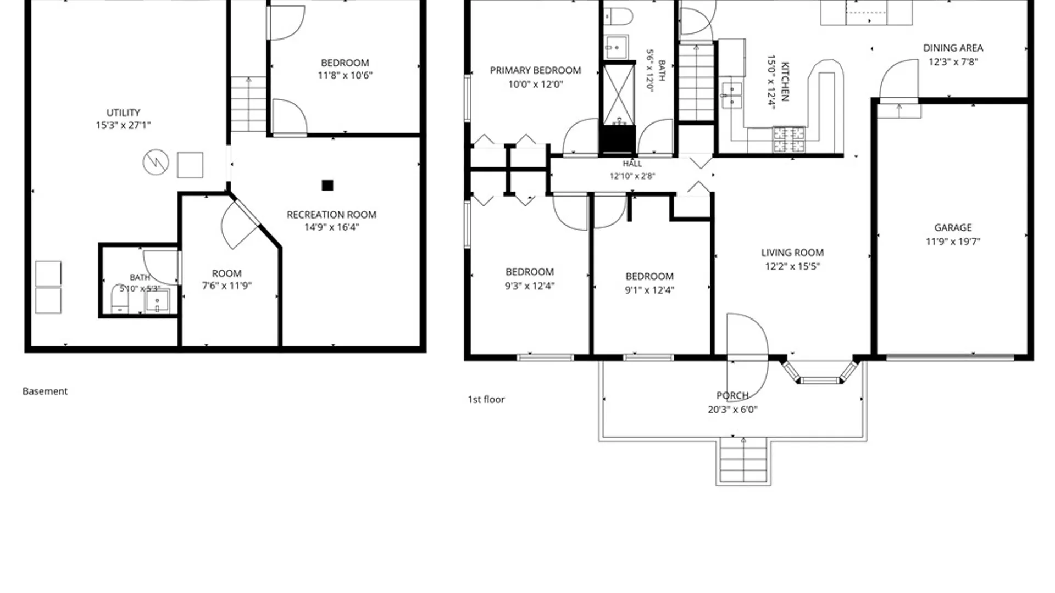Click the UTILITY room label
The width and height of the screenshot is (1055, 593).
click(x=123, y=113)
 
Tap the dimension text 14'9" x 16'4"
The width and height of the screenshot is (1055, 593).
click(x=331, y=227)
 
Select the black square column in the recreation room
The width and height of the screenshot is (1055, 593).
click(x=327, y=186)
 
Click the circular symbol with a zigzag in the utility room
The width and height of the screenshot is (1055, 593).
click(x=156, y=163)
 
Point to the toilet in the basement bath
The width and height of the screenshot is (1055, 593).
click(x=120, y=299)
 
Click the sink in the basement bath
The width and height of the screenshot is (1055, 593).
click(x=157, y=301)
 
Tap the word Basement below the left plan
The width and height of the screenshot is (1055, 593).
click(x=45, y=391)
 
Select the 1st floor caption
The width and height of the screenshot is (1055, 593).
click(x=486, y=400)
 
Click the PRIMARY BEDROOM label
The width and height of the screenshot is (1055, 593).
click(x=535, y=70)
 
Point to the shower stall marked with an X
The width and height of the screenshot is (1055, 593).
click(x=619, y=95)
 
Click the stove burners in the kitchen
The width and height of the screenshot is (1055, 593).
click(x=789, y=139)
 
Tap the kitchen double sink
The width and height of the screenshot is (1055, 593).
click(x=731, y=96)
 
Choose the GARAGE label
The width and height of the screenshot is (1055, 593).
click(x=953, y=227)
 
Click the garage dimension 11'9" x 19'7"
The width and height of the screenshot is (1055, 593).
click(x=953, y=242)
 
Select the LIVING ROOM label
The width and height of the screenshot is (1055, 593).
click(x=792, y=253)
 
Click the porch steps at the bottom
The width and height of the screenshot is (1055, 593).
click(x=743, y=461)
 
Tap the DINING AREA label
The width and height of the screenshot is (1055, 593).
click(x=953, y=48)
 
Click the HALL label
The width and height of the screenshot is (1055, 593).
click(x=632, y=164)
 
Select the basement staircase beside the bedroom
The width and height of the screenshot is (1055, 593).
click(x=248, y=104)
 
